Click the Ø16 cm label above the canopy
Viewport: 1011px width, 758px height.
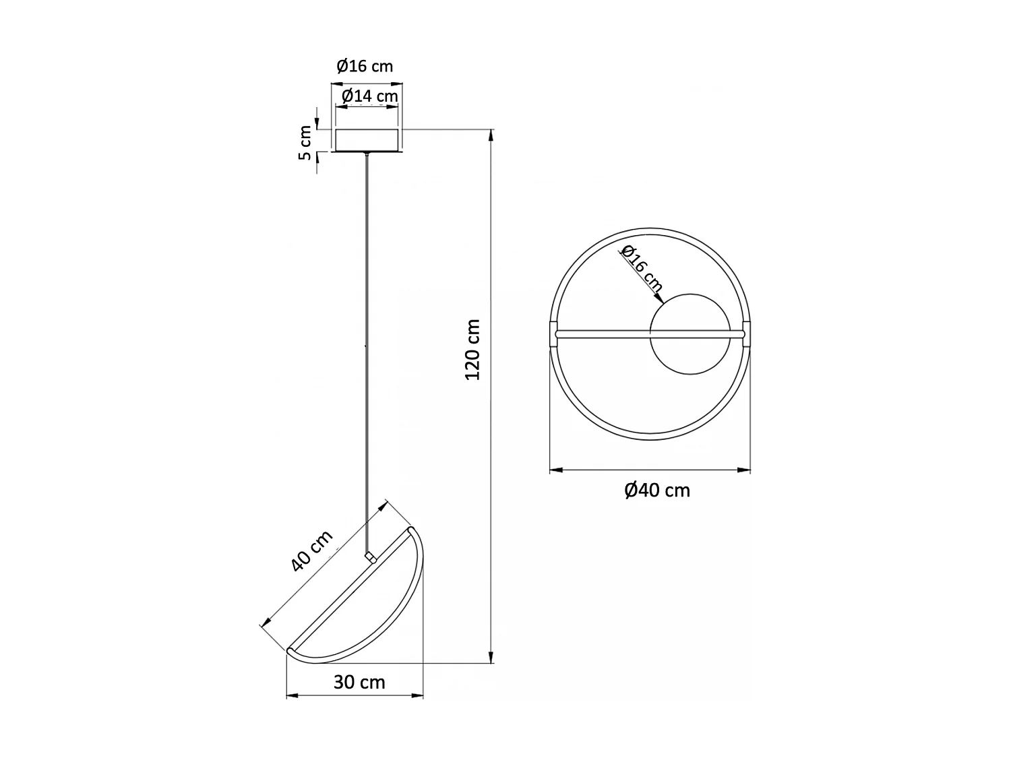365,66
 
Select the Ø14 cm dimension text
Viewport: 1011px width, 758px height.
369,96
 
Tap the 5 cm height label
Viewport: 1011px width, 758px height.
306,143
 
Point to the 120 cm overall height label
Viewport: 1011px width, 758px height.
473,349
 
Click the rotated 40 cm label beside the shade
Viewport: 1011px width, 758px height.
312,551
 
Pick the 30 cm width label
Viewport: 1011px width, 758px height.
359,683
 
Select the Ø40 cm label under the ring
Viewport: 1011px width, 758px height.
657,491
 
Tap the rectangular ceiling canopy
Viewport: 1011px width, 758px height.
367,139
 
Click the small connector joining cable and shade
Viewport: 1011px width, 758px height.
369,557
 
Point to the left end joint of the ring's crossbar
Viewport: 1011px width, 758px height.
554,333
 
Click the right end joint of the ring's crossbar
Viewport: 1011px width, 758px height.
745,333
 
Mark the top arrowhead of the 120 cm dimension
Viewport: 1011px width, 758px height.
491,134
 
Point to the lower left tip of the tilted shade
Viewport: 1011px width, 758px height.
290,651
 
